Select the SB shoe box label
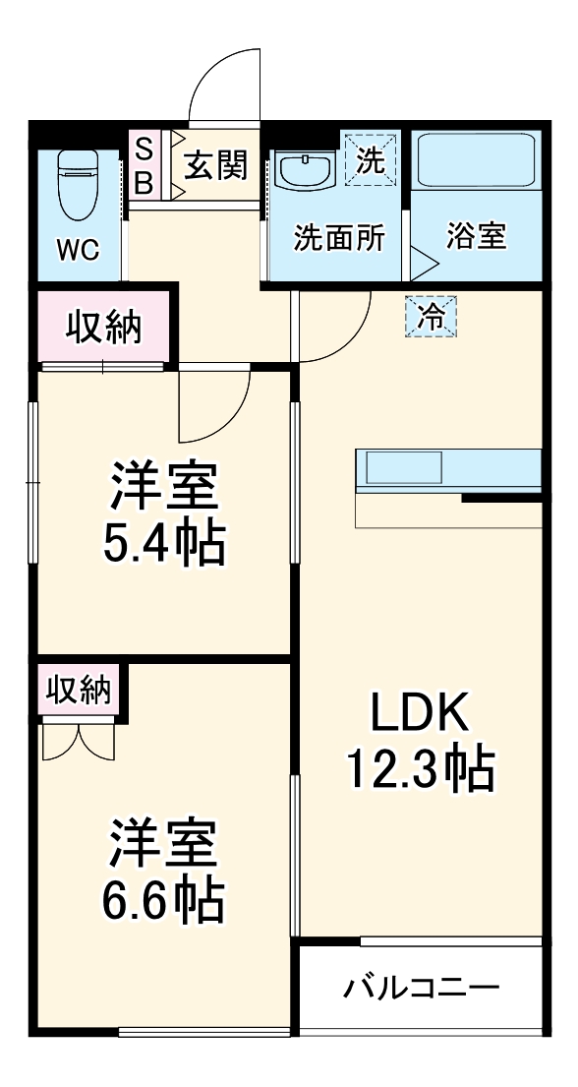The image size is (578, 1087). coord(144,165)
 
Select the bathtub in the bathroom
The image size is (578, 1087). coord(475,162)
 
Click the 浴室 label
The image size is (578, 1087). coord(476,237)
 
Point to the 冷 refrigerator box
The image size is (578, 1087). coord(431,317)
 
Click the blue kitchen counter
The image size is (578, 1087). coord(448,469)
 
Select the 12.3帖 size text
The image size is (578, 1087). coord(419,769)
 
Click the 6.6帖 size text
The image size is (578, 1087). coord(165,897)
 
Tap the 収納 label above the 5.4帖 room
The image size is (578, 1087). coord(104,326)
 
